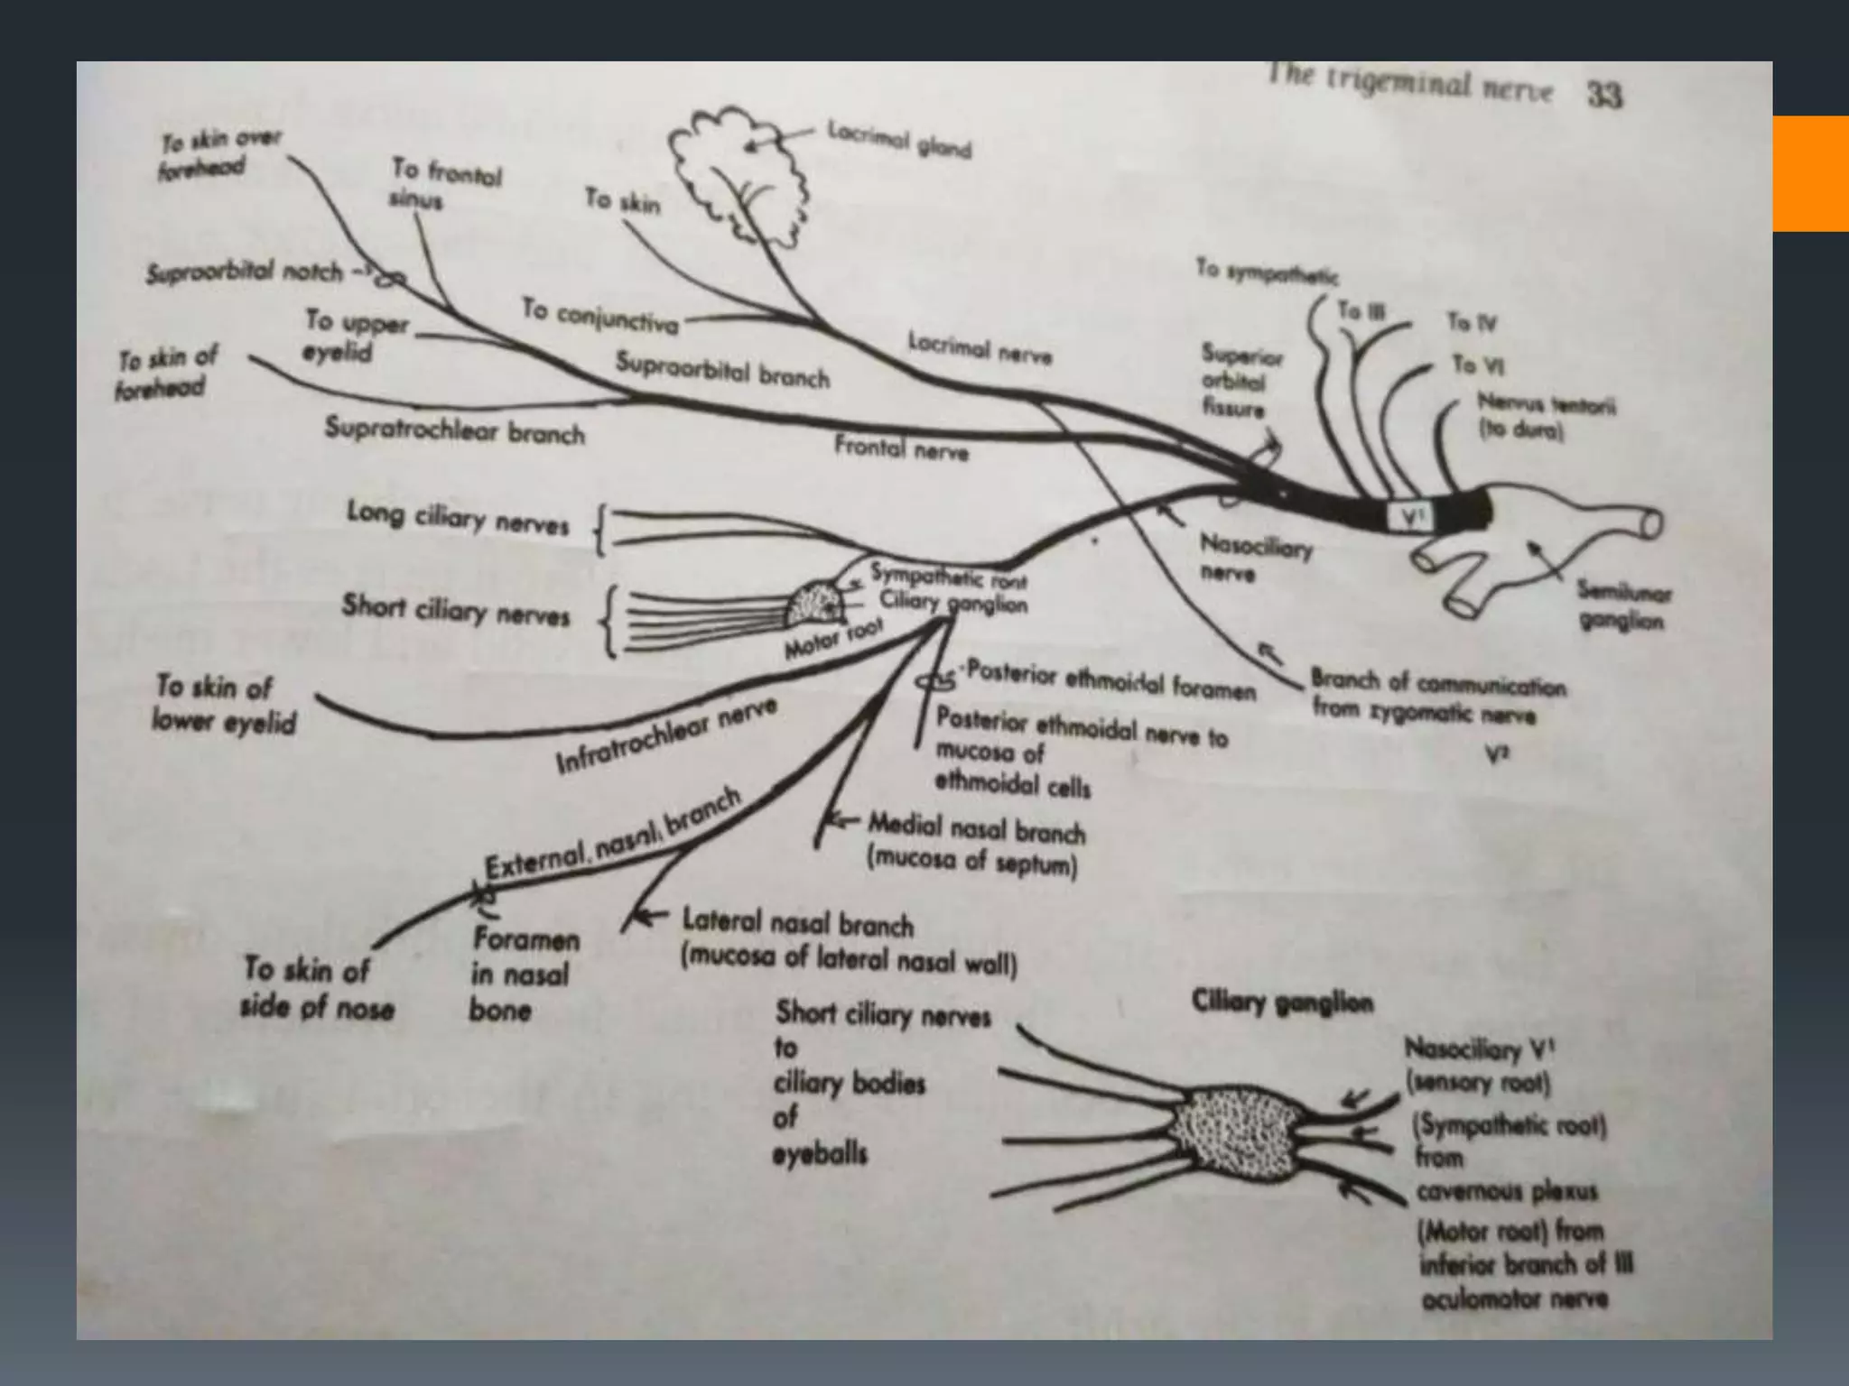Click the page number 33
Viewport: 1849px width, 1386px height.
pyautogui.click(x=1603, y=95)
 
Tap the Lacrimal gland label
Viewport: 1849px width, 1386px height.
pyautogui.click(x=899, y=140)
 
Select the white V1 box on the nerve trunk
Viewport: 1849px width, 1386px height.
pyautogui.click(x=1410, y=517)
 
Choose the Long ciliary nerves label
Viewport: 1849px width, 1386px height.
pyautogui.click(x=458, y=519)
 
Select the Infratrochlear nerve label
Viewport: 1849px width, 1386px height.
pyautogui.click(x=665, y=736)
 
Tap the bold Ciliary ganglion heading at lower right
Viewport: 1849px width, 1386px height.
pyautogui.click(x=1282, y=1003)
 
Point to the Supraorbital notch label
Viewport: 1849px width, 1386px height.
pyautogui.click(x=245, y=272)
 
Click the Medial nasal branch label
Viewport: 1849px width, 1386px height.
pyautogui.click(x=976, y=828)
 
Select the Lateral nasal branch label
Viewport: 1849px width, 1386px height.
pyautogui.click(x=797, y=924)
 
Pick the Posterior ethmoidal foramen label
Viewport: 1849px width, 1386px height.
pyautogui.click(x=1110, y=683)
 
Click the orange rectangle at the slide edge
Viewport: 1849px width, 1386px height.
pyautogui.click(x=1810, y=173)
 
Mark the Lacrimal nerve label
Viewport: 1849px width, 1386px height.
pyautogui.click(x=979, y=349)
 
